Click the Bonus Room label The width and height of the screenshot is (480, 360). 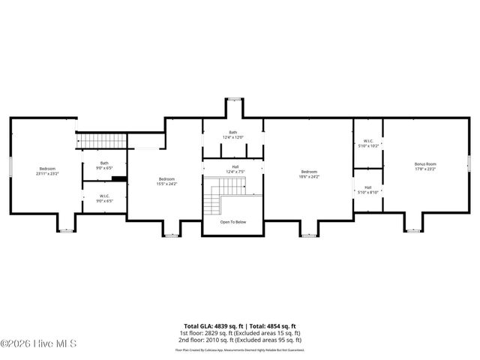pos(425,166)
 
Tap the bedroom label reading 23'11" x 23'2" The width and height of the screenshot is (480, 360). pos(47,171)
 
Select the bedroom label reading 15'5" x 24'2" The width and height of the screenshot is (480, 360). pos(166,181)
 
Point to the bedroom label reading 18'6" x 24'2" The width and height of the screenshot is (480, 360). pos(309,174)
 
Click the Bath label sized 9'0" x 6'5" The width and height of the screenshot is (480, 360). pos(105,166)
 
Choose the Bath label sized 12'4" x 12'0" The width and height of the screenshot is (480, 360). pos(233,135)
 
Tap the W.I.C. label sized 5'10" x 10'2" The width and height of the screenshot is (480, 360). pos(368,142)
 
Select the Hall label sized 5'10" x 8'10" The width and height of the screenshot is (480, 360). pos(368,190)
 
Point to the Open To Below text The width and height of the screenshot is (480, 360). pos(233,222)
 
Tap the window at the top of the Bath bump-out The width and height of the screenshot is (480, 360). pos(233,98)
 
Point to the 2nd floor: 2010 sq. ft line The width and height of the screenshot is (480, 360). pos(240,340)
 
